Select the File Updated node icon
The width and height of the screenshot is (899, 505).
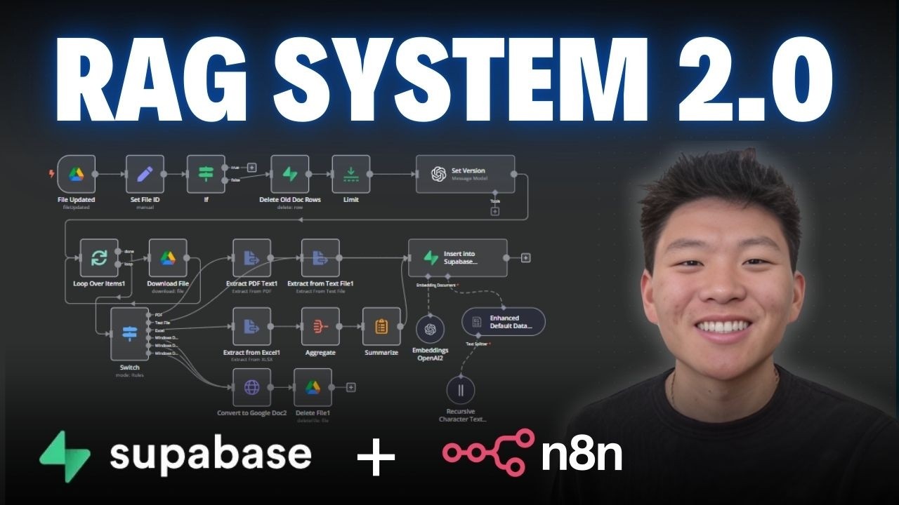(x=76, y=174)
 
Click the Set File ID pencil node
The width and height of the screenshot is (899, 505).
(x=145, y=174)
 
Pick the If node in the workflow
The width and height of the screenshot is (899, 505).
(x=206, y=174)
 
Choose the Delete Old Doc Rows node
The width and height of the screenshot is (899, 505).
(x=290, y=174)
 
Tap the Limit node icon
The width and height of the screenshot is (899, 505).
(x=350, y=174)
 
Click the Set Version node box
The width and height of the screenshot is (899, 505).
(x=465, y=174)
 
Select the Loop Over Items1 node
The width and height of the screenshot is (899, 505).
(x=99, y=258)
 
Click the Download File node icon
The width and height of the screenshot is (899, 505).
(x=168, y=258)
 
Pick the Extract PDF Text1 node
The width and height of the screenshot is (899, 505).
(x=251, y=258)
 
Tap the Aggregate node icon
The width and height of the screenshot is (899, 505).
(x=320, y=326)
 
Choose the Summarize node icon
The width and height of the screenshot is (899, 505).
(x=381, y=326)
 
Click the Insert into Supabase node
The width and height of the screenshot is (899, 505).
(x=457, y=258)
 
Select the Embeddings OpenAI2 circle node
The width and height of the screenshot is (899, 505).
(x=431, y=330)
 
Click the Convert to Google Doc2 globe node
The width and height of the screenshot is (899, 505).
(x=251, y=387)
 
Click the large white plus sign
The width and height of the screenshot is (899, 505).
(x=376, y=457)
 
